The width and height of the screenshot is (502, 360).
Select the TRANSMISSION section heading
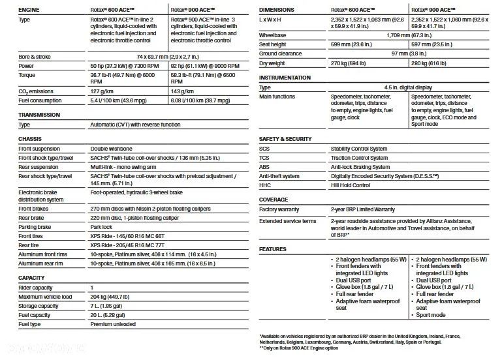40,115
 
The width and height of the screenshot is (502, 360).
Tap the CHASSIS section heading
31,139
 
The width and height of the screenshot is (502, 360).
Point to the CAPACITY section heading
32,278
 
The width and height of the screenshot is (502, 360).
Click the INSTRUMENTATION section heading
285,78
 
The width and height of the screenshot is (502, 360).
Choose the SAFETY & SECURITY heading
285,140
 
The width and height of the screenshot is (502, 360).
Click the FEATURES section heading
273,249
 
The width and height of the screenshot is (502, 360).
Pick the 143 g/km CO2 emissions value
183,91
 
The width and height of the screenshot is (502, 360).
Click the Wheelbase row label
273,35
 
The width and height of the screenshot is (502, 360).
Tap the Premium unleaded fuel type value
113,324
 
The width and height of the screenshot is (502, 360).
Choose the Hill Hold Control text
351,185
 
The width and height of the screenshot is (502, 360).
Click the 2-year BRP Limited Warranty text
363,209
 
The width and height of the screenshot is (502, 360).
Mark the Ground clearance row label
280,53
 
